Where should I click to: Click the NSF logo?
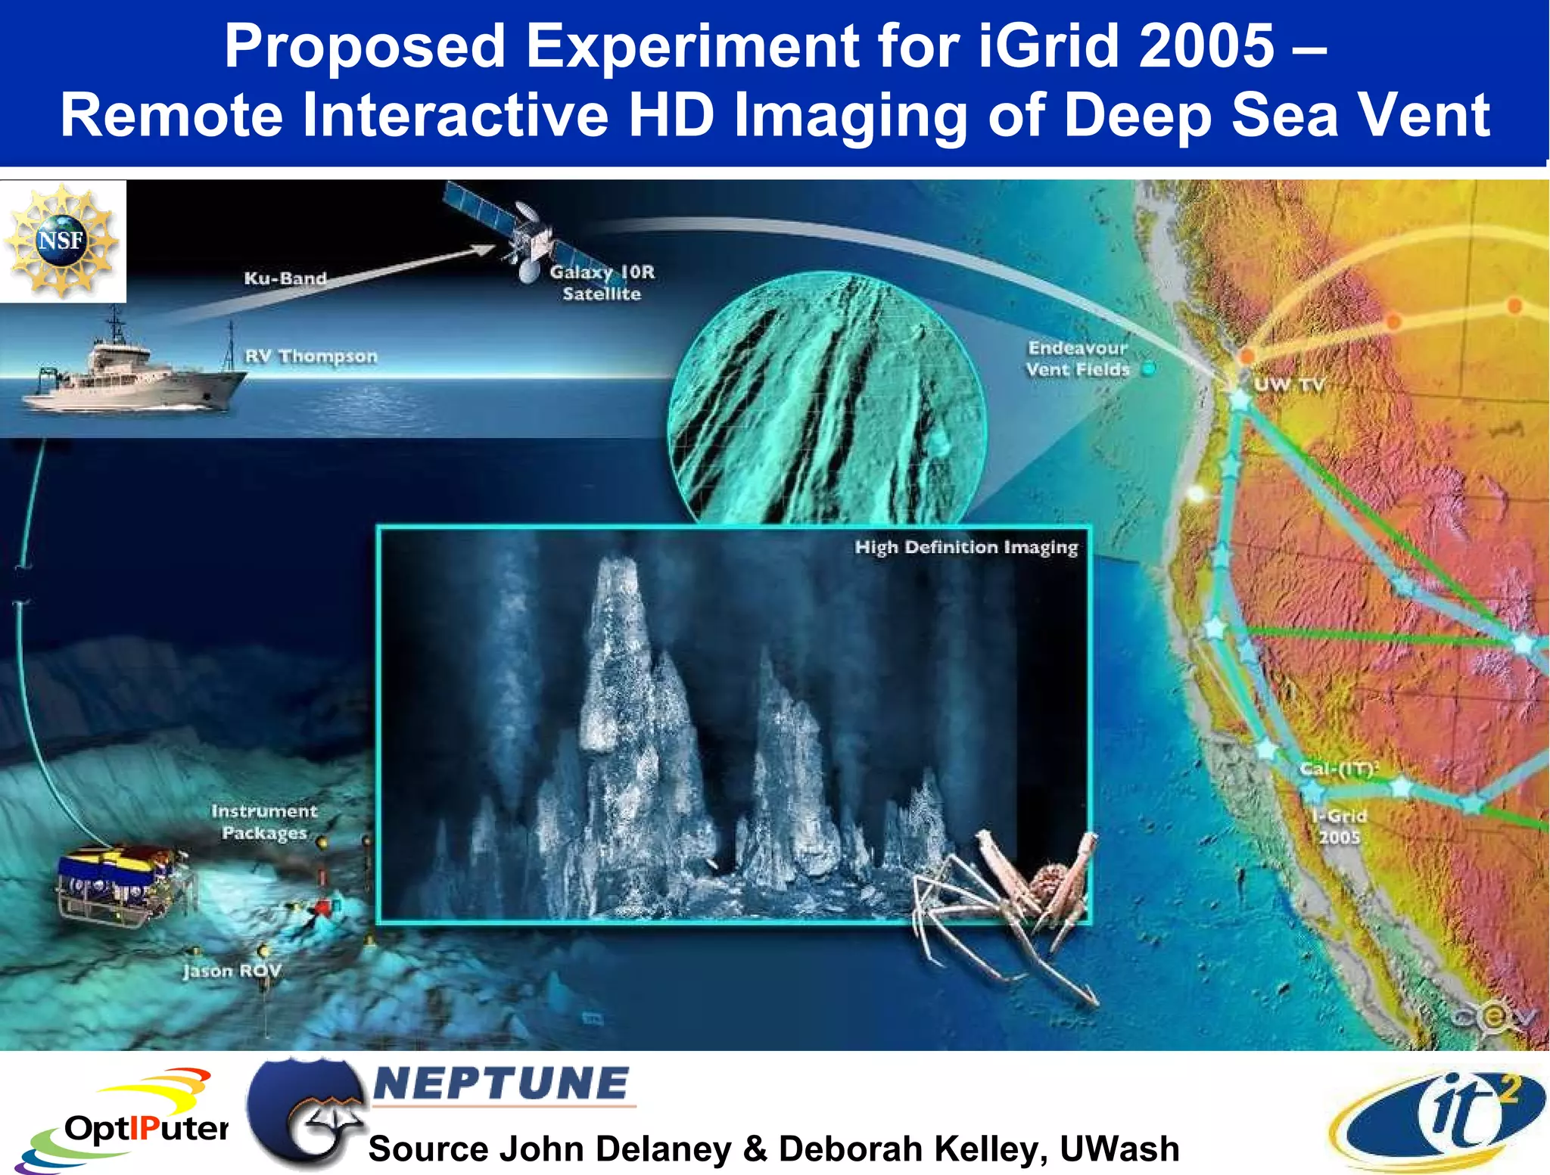click(62, 241)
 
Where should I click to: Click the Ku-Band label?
click(285, 278)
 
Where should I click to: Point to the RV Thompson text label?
click(310, 356)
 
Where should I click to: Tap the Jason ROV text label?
click(231, 971)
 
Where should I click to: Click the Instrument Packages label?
click(264, 822)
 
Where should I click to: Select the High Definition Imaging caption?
click(966, 547)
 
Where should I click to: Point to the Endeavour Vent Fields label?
click(1077, 359)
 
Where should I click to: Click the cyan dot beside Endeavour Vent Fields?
click(1148, 369)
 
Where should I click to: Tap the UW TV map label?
click(1288, 384)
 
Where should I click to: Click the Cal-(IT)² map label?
click(1338, 769)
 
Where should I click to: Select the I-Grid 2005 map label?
click(1339, 826)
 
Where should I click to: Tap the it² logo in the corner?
click(1438, 1119)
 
